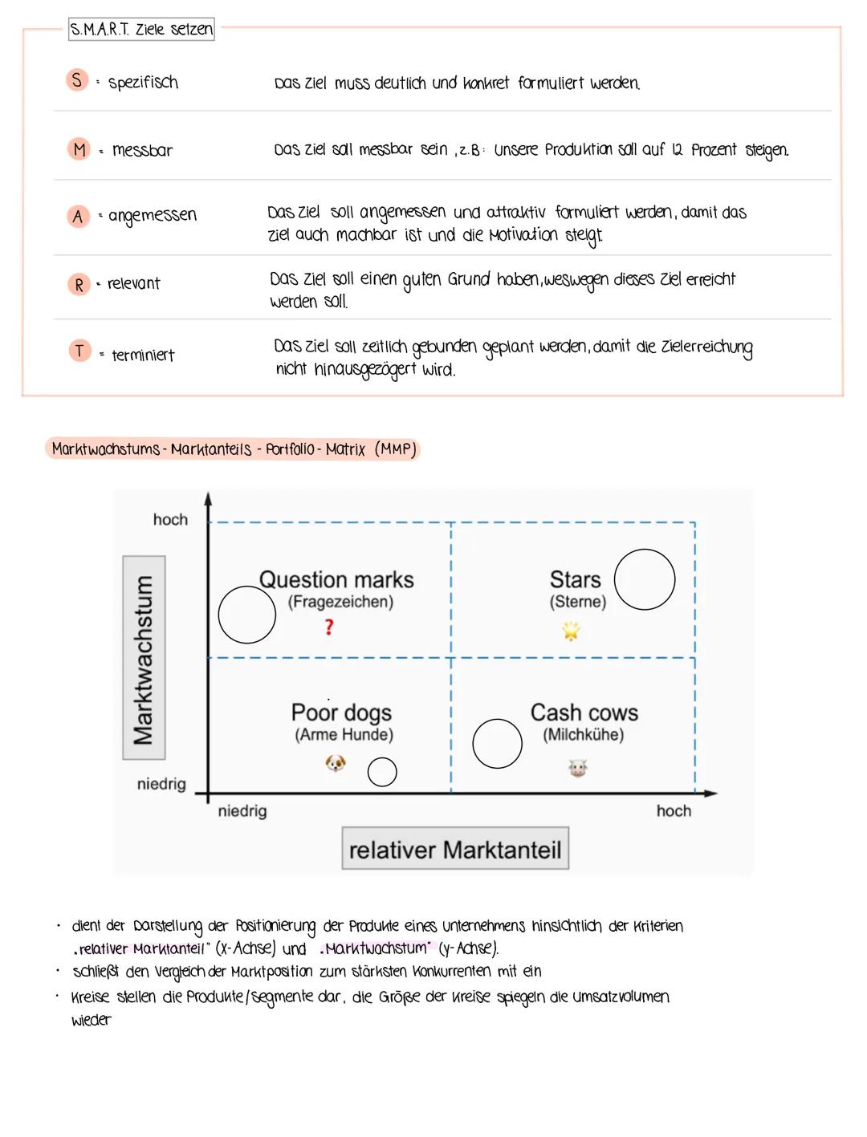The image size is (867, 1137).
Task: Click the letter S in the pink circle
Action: coord(77,80)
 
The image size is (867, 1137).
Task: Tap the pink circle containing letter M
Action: coord(79,149)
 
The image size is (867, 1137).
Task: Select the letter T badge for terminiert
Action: coord(79,351)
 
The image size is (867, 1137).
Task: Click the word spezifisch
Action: coord(143,82)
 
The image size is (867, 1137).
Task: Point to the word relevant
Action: coord(133,283)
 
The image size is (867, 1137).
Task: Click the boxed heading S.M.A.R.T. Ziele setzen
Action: coord(141,30)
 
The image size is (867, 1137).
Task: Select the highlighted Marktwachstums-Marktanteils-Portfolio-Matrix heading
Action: coord(234,449)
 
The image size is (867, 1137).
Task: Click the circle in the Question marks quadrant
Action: coord(247,615)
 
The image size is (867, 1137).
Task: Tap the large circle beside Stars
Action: coord(645,579)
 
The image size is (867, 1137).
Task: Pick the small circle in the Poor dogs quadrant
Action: coord(382,772)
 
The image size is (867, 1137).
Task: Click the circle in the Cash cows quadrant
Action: coord(497,743)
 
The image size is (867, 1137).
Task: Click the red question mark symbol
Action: coord(329,627)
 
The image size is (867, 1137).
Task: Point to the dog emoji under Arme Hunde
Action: coord(336,763)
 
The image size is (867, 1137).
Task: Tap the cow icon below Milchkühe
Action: coord(577,769)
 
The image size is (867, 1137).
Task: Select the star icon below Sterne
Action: coord(571,632)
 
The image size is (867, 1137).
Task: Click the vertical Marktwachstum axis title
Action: coord(144,658)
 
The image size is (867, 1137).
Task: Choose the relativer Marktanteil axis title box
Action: coord(455,849)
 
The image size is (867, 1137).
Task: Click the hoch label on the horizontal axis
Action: coord(674,811)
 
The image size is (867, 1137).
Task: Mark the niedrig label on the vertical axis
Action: coord(161,784)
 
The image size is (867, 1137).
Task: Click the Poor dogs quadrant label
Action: coord(341,713)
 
